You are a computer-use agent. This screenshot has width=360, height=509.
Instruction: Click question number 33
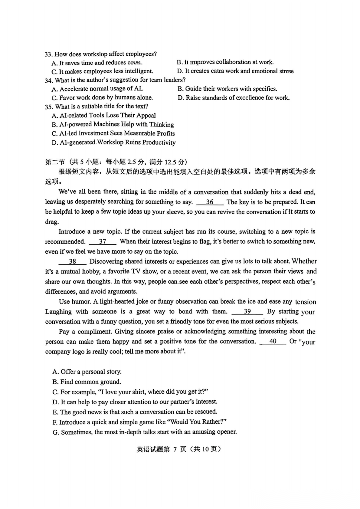(49, 54)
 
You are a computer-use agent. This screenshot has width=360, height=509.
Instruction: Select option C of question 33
(102, 71)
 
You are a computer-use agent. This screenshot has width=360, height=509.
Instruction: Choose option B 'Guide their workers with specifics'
(227, 89)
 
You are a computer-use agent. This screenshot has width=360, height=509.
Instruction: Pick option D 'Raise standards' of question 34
(234, 98)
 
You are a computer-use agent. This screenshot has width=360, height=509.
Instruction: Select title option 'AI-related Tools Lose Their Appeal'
(104, 115)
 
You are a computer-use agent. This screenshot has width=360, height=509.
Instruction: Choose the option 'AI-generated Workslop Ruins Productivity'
(114, 142)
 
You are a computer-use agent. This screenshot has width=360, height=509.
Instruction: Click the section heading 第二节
(55, 162)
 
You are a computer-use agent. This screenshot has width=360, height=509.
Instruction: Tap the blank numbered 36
(210, 202)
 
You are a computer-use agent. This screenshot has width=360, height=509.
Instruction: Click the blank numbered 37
(103, 241)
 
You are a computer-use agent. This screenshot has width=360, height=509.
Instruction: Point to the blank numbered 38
(72, 261)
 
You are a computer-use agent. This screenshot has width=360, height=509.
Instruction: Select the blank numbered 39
(247, 311)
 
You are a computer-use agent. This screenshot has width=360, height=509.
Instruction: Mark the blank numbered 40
(273, 341)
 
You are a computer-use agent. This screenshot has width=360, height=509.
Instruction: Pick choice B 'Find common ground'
(87, 382)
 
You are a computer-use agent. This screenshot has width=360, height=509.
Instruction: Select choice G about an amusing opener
(145, 432)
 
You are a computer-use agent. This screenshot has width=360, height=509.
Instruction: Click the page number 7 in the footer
(174, 449)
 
